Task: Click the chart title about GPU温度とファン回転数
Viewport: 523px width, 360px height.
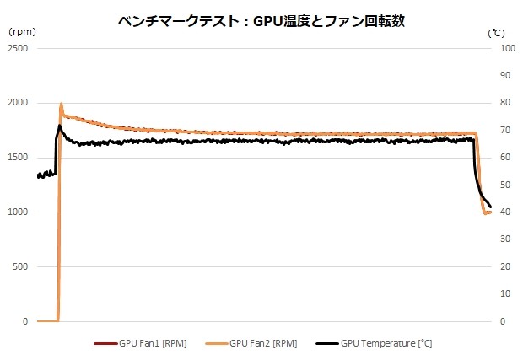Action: (261, 21)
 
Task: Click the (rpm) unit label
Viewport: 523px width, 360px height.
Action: (22, 32)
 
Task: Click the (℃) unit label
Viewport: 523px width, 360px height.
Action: (496, 32)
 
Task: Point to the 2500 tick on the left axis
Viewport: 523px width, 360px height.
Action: (18, 48)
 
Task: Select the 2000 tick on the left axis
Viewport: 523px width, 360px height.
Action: (18, 103)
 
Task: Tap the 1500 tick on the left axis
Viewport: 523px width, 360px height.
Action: (18, 158)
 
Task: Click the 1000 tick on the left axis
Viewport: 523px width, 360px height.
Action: (18, 212)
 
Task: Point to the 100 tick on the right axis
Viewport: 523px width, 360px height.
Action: (508, 48)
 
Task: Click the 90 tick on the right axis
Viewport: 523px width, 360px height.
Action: (506, 76)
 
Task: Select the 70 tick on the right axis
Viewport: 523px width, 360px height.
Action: (506, 131)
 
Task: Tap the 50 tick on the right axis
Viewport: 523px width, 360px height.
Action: (506, 185)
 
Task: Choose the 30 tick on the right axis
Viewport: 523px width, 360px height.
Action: (506, 239)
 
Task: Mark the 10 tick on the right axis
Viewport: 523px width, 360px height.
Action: (506, 294)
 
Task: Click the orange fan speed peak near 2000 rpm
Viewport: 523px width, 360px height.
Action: (62, 105)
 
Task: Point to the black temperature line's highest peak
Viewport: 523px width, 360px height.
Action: (60, 126)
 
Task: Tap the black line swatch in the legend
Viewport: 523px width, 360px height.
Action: (326, 343)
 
